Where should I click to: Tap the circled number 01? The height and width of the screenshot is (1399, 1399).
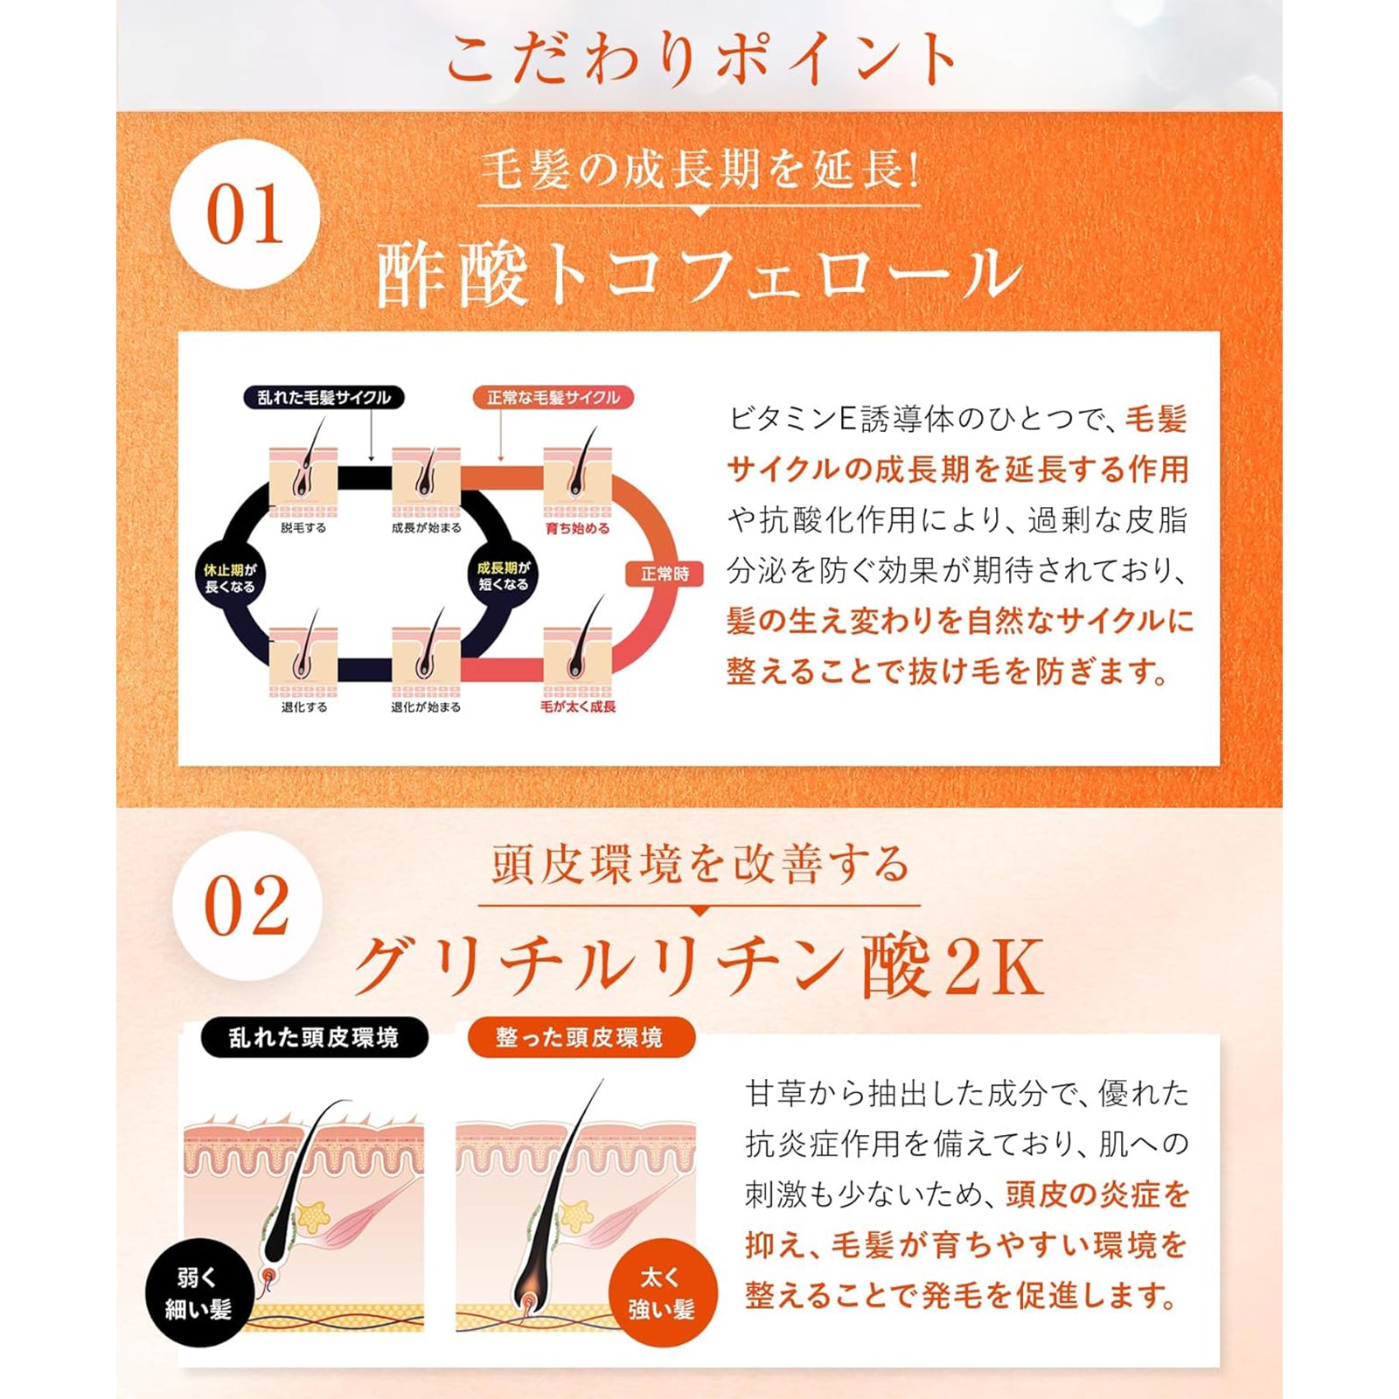[x=245, y=215]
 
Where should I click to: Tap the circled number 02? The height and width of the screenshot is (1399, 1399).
[x=247, y=907]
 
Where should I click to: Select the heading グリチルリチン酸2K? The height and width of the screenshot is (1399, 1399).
[x=699, y=966]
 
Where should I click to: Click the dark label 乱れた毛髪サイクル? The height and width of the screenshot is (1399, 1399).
[x=324, y=398]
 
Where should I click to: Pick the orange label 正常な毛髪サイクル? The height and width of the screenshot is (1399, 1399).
[x=553, y=398]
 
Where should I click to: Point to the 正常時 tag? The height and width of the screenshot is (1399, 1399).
[x=665, y=574]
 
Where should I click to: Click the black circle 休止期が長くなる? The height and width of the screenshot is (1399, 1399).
[x=230, y=578]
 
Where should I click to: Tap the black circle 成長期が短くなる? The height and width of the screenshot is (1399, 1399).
[x=503, y=575]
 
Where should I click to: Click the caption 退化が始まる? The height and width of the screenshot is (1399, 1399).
[x=426, y=707]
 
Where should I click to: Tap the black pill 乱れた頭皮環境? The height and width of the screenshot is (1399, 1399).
[x=314, y=1038]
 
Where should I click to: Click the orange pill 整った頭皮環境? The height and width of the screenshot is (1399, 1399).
[x=580, y=1038]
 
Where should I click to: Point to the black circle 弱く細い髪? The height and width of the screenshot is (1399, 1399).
[x=198, y=1293]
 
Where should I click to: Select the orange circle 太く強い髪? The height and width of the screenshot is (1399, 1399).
[x=662, y=1293]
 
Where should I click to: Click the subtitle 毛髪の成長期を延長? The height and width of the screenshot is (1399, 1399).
[x=699, y=169]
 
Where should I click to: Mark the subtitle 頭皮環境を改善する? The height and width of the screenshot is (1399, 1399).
[x=699, y=865]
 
